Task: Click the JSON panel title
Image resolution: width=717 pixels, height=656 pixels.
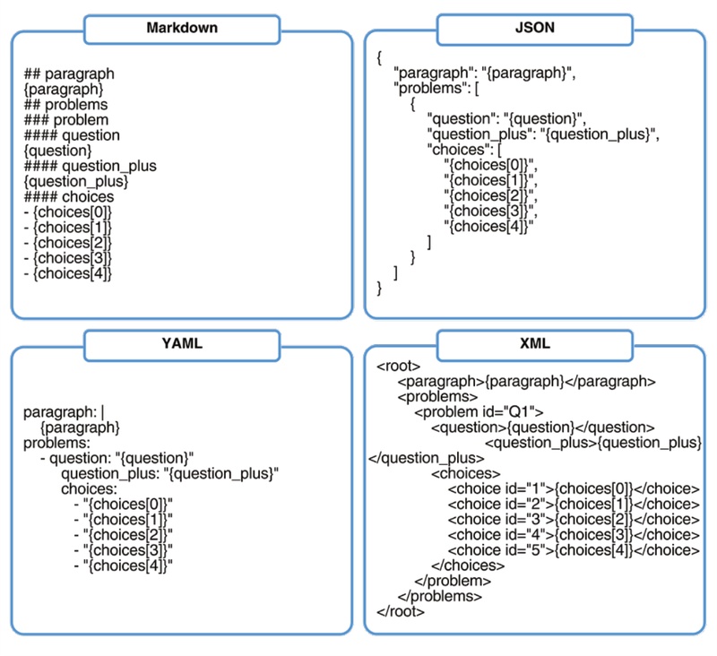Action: click(x=534, y=28)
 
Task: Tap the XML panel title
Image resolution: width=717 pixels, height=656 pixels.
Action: click(x=534, y=343)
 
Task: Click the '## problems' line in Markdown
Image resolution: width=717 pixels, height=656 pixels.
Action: click(x=65, y=105)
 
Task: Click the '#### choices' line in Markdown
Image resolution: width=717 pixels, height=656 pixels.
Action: click(x=69, y=196)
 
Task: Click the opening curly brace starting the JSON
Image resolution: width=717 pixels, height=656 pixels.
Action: click(x=380, y=58)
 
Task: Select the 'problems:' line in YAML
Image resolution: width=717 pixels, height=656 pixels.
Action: click(x=57, y=443)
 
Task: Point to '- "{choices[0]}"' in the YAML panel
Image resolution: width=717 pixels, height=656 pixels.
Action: click(x=123, y=505)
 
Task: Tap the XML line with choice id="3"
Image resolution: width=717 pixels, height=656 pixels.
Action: click(x=574, y=519)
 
